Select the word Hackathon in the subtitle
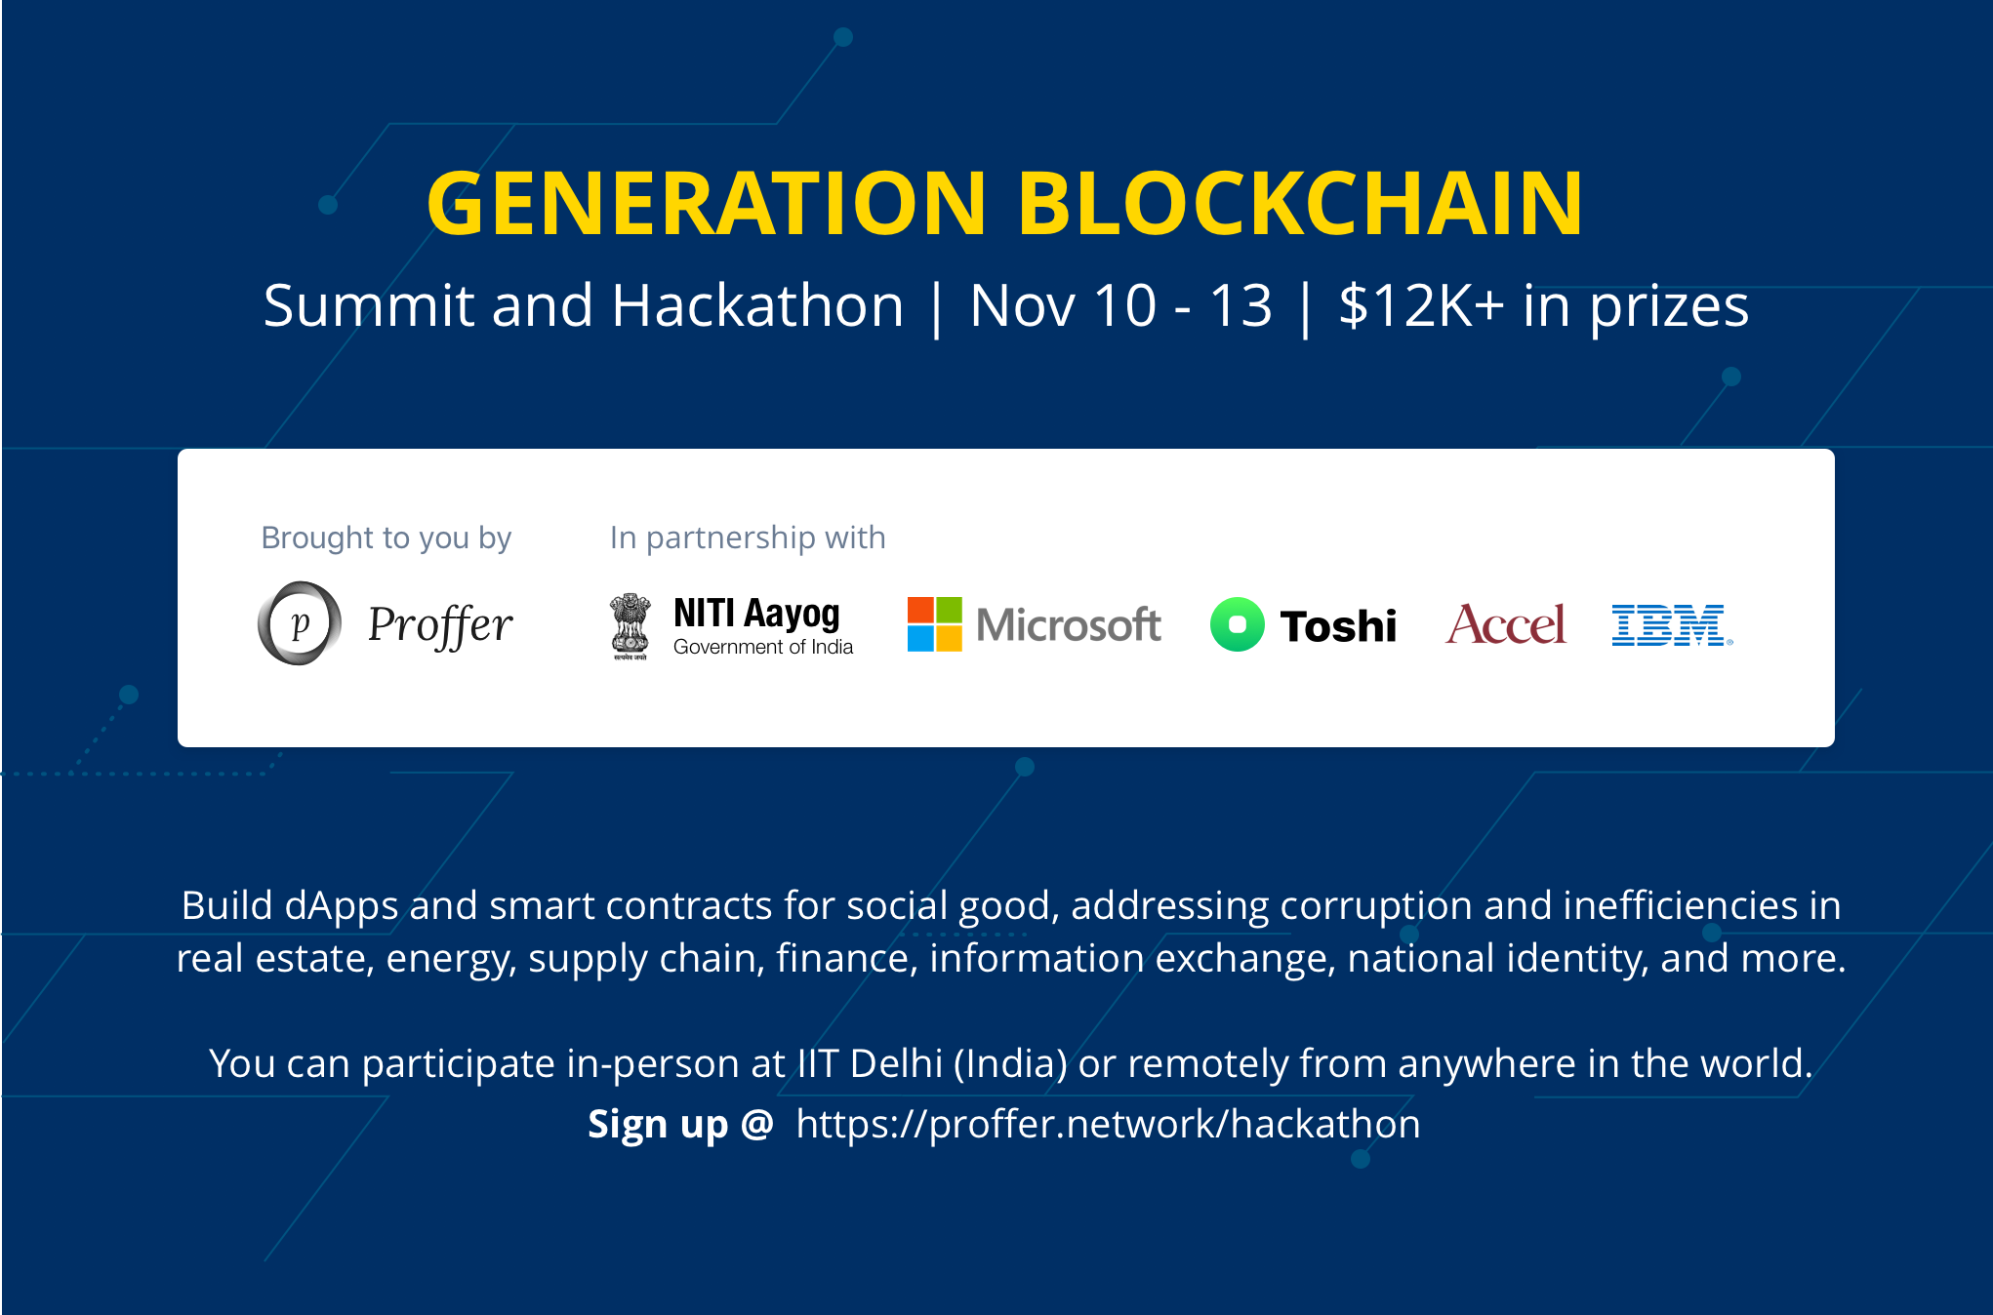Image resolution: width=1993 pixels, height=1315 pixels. [x=757, y=305]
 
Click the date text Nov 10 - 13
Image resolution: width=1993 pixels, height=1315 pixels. [x=1121, y=305]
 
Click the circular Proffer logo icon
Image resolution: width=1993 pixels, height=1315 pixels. [x=300, y=623]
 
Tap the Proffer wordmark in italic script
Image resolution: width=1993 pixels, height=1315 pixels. [x=440, y=625]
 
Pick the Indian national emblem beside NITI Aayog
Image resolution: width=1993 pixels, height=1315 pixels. [x=630, y=626]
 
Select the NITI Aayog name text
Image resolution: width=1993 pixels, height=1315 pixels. [x=756, y=614]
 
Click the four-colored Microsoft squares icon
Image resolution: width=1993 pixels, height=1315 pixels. [x=935, y=624]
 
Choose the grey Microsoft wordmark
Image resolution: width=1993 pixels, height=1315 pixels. [x=1069, y=624]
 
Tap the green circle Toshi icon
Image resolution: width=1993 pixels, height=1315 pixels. [x=1238, y=624]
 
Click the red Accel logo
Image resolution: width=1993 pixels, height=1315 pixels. [x=1506, y=624]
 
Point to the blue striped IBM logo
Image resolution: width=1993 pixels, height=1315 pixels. [x=1672, y=625]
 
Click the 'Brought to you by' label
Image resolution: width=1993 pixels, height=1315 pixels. [x=386, y=538]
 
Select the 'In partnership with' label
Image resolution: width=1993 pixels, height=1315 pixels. [x=748, y=538]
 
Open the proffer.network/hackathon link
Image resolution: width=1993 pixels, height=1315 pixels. [x=1109, y=1125]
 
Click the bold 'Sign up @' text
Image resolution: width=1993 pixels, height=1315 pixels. [x=680, y=1125]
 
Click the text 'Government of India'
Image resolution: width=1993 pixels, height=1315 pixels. [x=763, y=647]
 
